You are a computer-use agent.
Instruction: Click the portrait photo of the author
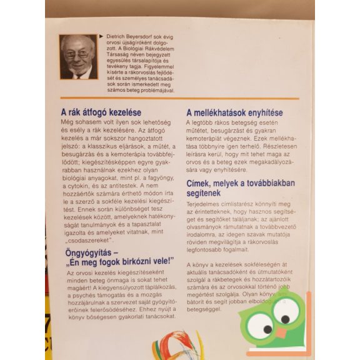click(79, 56)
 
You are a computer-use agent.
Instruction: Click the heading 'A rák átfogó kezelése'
click(99, 112)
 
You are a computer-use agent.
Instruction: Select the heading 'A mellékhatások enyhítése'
click(236, 112)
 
